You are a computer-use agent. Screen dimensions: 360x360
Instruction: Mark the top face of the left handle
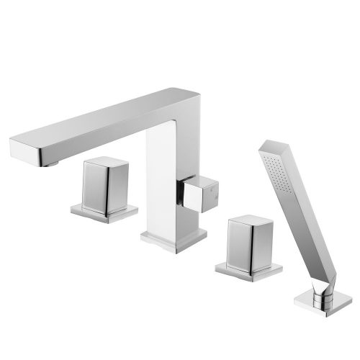(x=104, y=163)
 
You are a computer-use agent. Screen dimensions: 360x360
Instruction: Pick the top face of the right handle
(x=248, y=220)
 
